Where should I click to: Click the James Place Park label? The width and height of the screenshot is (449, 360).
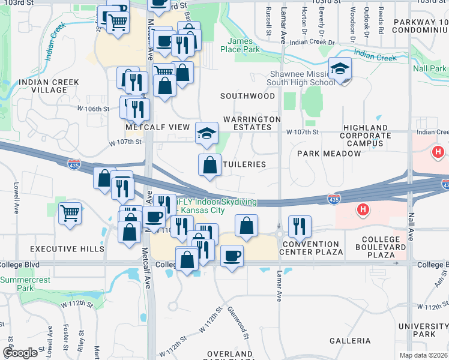click(x=244, y=45)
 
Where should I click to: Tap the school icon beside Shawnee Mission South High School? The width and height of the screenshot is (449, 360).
click(x=340, y=69)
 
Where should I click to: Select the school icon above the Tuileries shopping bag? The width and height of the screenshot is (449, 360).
click(x=206, y=133)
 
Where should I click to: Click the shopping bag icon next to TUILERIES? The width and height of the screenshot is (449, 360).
click(x=209, y=165)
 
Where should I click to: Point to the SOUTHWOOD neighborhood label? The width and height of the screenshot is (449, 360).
click(x=247, y=96)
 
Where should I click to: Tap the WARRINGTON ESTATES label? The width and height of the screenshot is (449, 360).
click(x=252, y=123)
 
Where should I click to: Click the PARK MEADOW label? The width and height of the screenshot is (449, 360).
click(x=329, y=154)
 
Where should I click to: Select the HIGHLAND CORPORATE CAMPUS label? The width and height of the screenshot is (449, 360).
click(x=365, y=136)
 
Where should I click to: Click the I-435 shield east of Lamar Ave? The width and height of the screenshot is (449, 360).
click(x=334, y=198)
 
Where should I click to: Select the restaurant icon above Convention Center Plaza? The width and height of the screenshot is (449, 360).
click(x=298, y=226)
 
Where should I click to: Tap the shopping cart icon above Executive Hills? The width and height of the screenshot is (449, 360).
click(x=70, y=212)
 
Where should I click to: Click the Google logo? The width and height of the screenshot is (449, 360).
click(x=20, y=353)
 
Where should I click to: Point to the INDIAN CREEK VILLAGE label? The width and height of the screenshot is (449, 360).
click(x=43, y=86)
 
